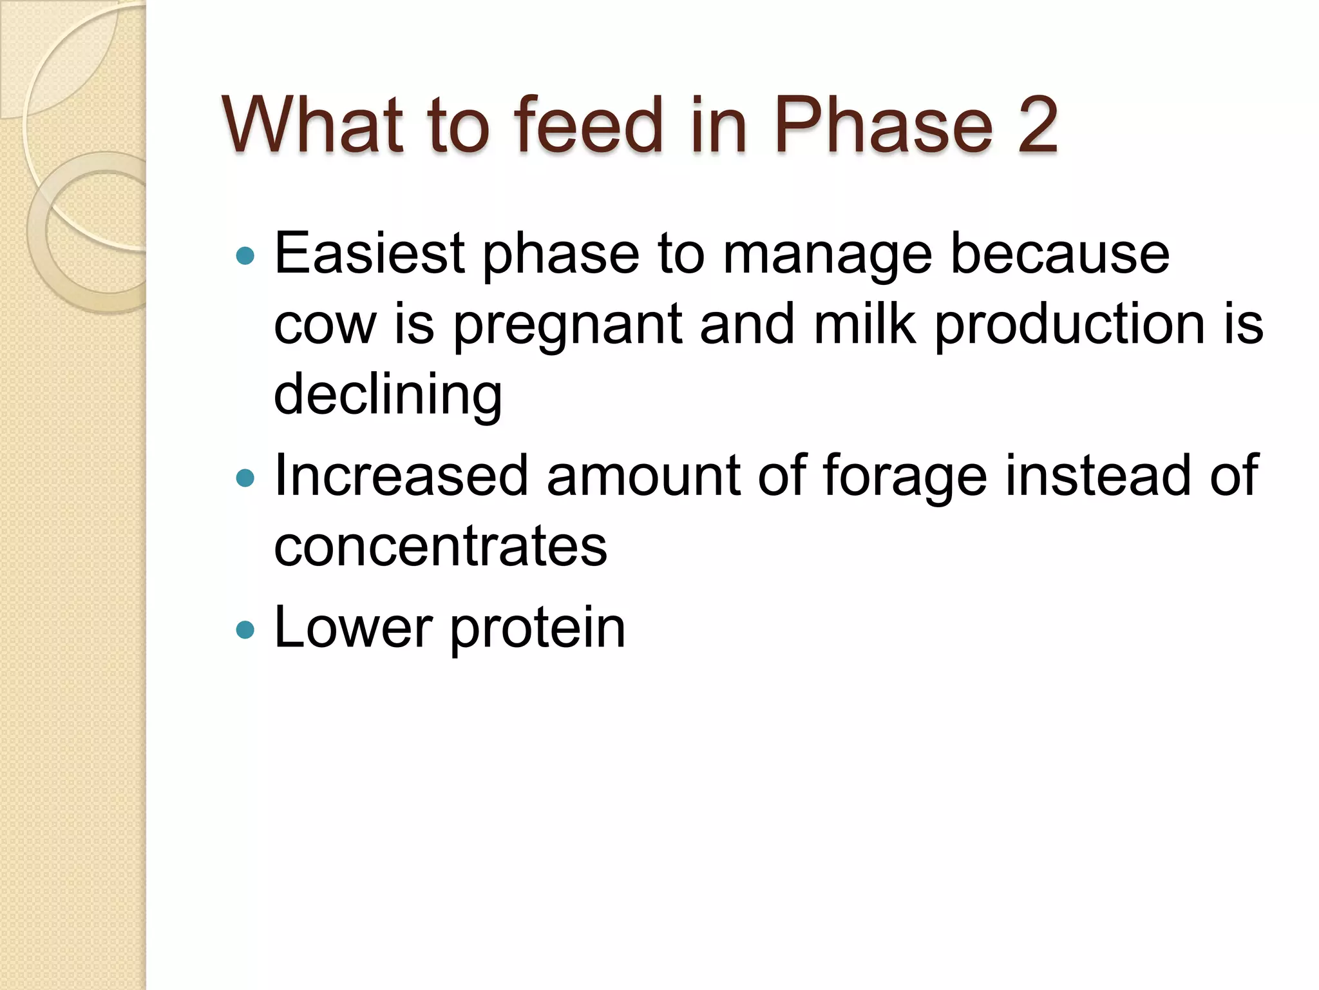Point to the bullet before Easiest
click(x=245, y=256)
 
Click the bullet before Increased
click(x=245, y=478)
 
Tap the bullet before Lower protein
click(x=245, y=629)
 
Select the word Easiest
click(x=370, y=254)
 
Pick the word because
click(x=1059, y=254)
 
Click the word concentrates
click(x=441, y=547)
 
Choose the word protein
click(x=537, y=629)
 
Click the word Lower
click(x=353, y=628)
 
